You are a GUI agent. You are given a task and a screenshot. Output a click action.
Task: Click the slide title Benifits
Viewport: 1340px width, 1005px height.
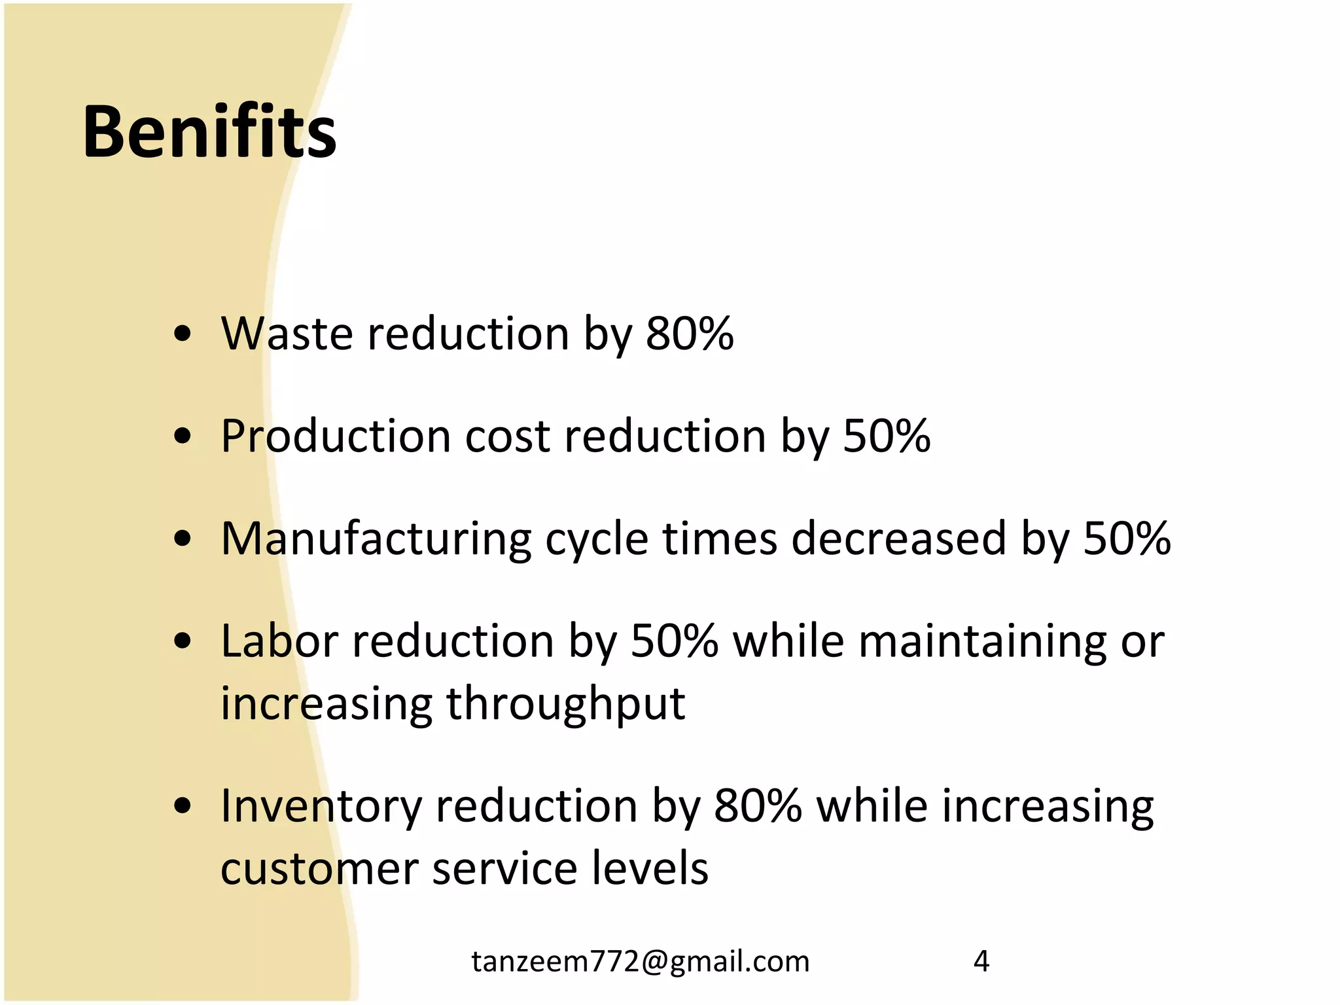(209, 133)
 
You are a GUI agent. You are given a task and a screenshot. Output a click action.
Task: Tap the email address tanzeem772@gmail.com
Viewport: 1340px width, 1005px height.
(641, 961)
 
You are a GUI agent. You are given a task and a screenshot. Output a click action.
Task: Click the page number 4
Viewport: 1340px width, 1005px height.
(981, 961)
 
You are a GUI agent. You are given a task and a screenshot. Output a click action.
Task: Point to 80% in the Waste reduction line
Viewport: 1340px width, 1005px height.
(690, 334)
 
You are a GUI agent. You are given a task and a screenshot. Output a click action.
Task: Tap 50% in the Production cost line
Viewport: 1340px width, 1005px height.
(887, 436)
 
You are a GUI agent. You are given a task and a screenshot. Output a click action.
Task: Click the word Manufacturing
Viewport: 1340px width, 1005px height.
(376, 538)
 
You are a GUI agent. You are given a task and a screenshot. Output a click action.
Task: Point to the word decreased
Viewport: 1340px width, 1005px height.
(898, 538)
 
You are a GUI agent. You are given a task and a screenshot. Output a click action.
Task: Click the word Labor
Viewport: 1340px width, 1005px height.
(279, 641)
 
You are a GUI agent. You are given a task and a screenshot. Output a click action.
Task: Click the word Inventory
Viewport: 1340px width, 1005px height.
(321, 806)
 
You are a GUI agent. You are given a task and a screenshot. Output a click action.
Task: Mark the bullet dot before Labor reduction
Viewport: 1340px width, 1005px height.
(183, 641)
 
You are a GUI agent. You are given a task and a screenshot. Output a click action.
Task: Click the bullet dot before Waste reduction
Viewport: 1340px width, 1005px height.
(183, 334)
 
